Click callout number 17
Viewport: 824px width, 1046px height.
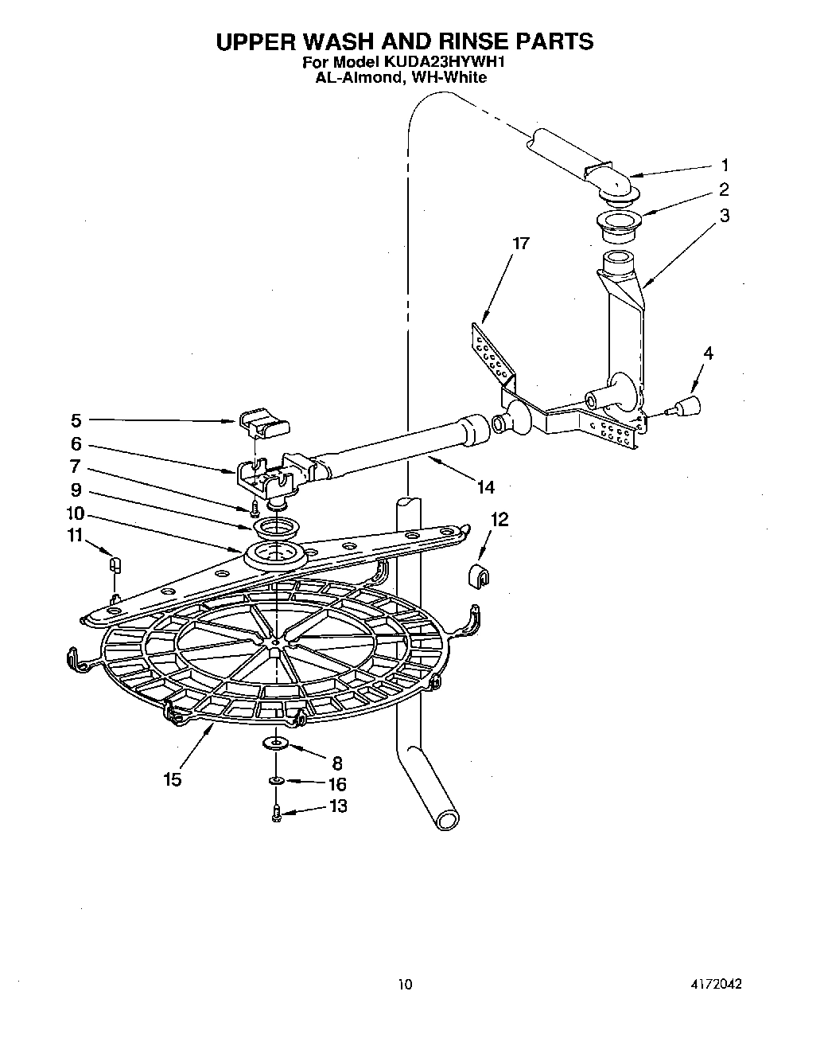click(x=520, y=244)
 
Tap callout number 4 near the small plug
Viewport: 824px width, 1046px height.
click(x=708, y=353)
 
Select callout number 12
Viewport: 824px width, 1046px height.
click(x=499, y=520)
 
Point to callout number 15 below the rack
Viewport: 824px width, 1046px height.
click(x=173, y=779)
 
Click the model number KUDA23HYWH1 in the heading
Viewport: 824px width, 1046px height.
click(x=449, y=60)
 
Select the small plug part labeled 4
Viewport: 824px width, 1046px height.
click(x=686, y=406)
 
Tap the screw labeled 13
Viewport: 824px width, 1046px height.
click(x=276, y=814)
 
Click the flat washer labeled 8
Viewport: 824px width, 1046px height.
click(x=276, y=744)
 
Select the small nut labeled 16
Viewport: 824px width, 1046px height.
click(x=276, y=781)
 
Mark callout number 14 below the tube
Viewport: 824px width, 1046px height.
click(x=484, y=487)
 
